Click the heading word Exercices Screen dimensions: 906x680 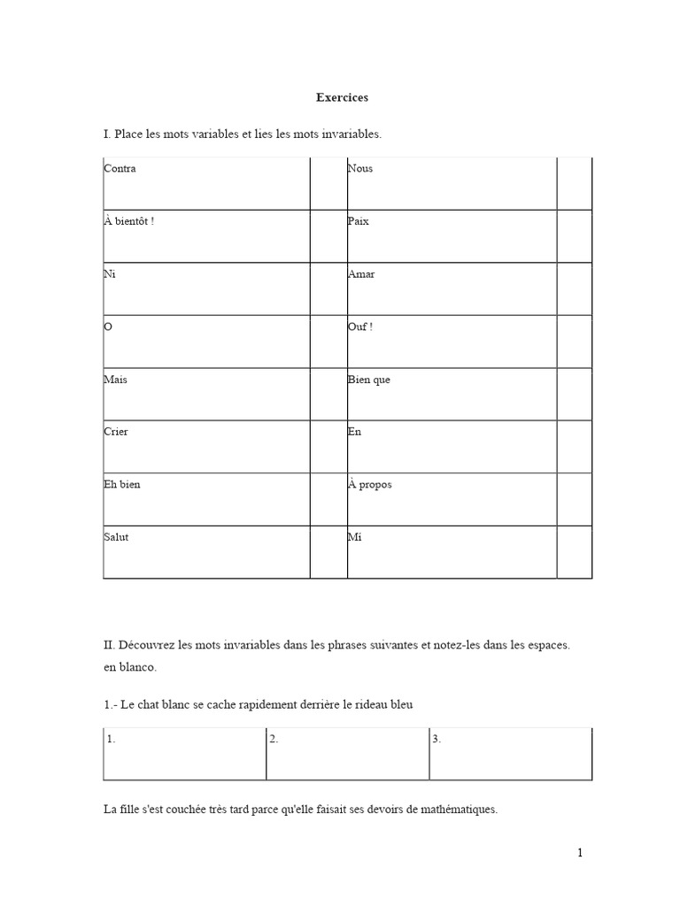(x=342, y=97)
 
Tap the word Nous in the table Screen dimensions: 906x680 (x=360, y=168)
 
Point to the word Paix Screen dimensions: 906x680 (x=359, y=221)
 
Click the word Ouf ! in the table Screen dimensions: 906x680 (x=360, y=326)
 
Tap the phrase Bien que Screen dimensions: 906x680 (x=369, y=380)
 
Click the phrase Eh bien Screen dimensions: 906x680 (x=122, y=485)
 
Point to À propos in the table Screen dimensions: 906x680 (x=370, y=485)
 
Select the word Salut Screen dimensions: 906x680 (x=116, y=537)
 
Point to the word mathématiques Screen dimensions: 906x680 (x=456, y=809)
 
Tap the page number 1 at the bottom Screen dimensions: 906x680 (x=580, y=853)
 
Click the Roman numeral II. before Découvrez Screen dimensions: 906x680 (x=110, y=646)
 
